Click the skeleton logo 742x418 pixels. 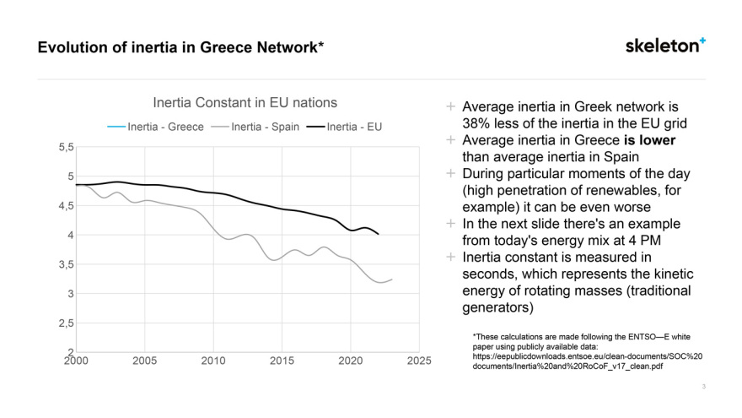click(x=665, y=46)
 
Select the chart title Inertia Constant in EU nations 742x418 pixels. click(x=245, y=102)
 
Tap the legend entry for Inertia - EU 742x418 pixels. click(x=349, y=127)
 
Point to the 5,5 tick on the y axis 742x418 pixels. click(x=64, y=148)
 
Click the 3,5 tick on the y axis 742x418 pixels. click(x=64, y=265)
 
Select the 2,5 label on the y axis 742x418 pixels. click(x=64, y=323)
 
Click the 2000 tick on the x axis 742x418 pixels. click(x=75, y=361)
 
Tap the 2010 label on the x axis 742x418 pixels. click(x=212, y=361)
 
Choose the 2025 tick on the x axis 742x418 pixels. click(x=418, y=361)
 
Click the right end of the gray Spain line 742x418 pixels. click(x=391, y=279)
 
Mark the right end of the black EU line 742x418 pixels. click(x=378, y=234)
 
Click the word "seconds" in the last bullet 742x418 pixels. click(x=486, y=274)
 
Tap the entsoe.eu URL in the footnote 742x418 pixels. click(x=587, y=356)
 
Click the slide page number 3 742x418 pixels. click(x=703, y=387)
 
